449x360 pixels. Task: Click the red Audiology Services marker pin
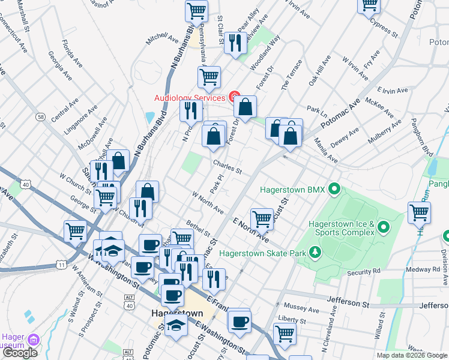point(234,97)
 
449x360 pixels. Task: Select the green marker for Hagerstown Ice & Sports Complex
point(384,228)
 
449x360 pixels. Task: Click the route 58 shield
point(40,116)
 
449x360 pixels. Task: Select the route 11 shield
point(62,264)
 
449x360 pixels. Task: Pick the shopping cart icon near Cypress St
point(369,5)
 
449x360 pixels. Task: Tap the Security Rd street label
point(364,272)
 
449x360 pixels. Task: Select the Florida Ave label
point(72,53)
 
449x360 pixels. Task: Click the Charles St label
point(226,166)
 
